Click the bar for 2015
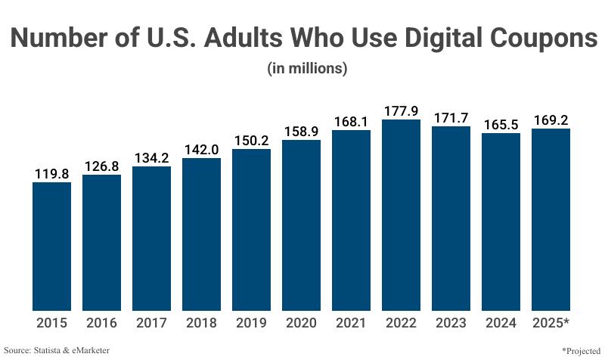[51, 246]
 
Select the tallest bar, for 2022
[401, 215]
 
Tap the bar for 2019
[251, 229]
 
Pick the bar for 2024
[501, 222]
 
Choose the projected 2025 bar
[551, 219]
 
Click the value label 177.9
[401, 110]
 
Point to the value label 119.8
[51, 174]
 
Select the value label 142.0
[201, 149]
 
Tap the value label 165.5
[501, 124]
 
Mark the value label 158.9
[301, 131]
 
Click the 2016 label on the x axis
[101, 323]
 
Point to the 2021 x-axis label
[351, 323]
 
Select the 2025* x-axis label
[551, 323]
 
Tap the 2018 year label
[201, 323]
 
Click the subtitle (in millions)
[307, 68]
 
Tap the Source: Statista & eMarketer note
[57, 350]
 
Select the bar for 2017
[151, 238]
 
